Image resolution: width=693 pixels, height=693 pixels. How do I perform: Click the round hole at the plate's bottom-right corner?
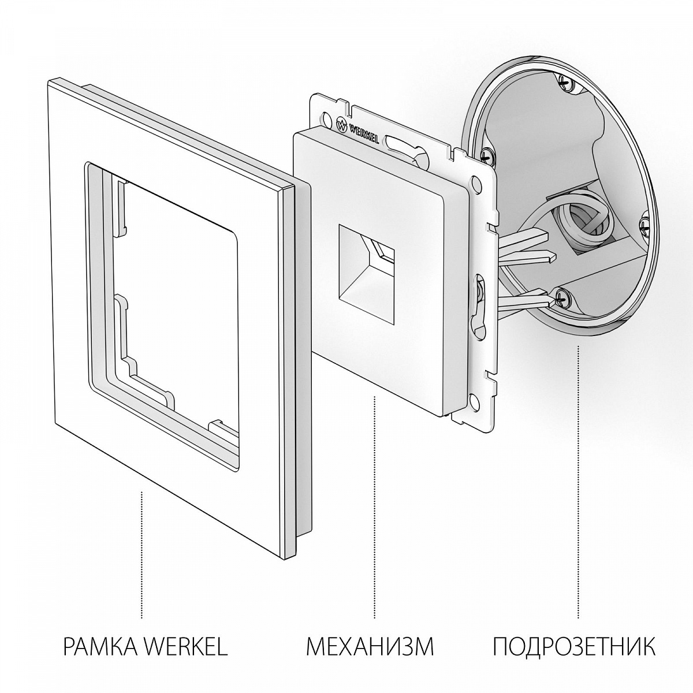[x=474, y=399]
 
